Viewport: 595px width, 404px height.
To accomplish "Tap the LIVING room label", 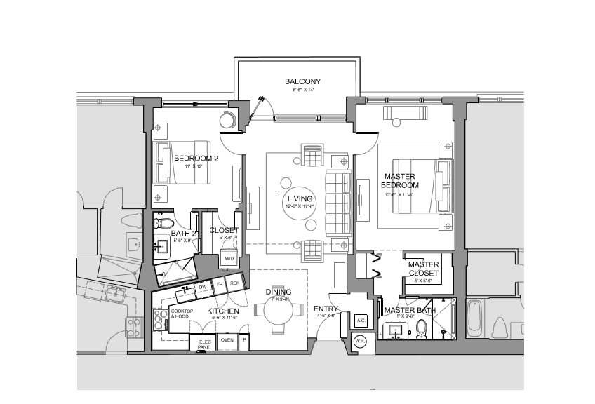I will click(x=300, y=199).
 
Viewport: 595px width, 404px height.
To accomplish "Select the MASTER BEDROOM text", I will click(x=400, y=180).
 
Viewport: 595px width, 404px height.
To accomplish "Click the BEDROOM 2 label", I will click(x=196, y=159).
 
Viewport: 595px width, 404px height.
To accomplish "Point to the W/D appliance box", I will click(x=229, y=259).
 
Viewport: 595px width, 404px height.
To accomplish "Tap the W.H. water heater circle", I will click(x=360, y=342).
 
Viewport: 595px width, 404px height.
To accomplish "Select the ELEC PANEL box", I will click(x=205, y=343).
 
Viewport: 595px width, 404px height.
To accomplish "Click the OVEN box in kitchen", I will click(x=227, y=340).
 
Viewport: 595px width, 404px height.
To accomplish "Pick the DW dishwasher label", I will click(x=202, y=286).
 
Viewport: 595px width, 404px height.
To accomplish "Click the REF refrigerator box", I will click(x=234, y=283).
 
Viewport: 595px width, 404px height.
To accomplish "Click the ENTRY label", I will click(x=326, y=309).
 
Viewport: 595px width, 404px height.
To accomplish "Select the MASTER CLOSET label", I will click(x=423, y=269).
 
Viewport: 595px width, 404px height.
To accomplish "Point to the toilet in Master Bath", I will click(x=422, y=328).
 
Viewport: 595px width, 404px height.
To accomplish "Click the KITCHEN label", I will click(x=222, y=311).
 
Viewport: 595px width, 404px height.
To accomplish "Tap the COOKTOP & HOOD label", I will click(x=184, y=314).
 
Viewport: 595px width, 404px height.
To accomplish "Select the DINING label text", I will click(x=278, y=292).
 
